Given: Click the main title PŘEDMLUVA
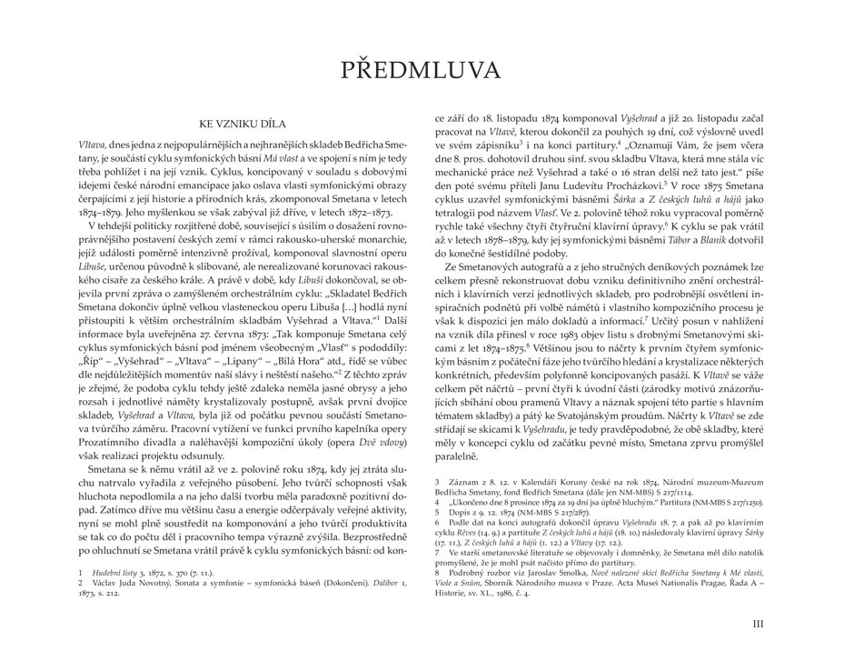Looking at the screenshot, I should click(427, 71).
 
